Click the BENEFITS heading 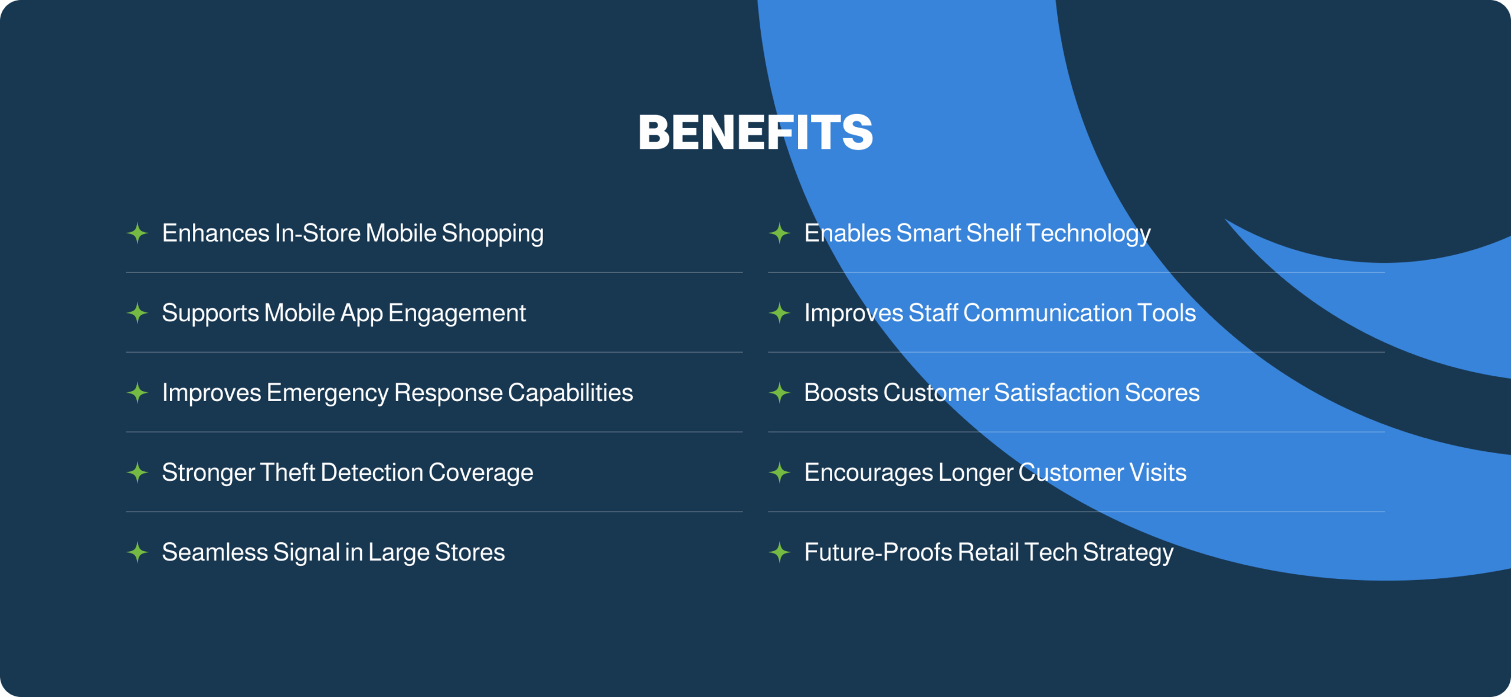(x=755, y=132)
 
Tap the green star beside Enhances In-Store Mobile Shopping (x=138, y=233)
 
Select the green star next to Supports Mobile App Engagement (x=138, y=313)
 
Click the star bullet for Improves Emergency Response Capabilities (x=138, y=393)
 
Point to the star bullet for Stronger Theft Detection (x=138, y=473)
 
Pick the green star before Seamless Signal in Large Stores (x=138, y=552)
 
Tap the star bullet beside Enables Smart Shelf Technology (x=780, y=233)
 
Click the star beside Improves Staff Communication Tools (x=780, y=313)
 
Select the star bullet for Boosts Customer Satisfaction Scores (x=780, y=393)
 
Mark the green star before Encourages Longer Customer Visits (x=780, y=473)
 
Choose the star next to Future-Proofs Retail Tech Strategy (x=780, y=552)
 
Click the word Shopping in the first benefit (x=493, y=234)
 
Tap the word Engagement (x=457, y=314)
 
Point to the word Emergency (x=328, y=394)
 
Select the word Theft (x=288, y=473)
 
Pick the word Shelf (x=994, y=233)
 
